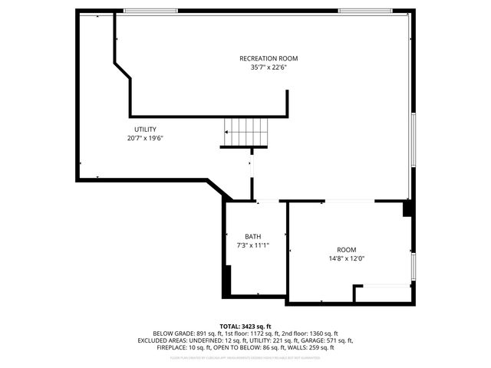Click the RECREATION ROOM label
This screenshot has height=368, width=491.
[268, 58]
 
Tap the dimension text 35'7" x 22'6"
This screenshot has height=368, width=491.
[268, 67]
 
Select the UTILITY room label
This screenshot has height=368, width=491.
[146, 129]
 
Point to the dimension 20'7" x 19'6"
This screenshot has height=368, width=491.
[146, 138]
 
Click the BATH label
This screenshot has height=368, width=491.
[253, 236]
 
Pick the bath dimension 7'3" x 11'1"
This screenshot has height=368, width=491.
[253, 245]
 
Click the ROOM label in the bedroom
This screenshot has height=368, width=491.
[347, 250]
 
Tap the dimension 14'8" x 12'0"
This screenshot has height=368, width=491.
[347, 259]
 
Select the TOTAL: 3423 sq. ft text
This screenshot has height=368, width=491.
[245, 326]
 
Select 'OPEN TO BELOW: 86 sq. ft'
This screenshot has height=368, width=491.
[246, 347]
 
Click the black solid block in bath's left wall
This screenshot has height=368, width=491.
[226, 281]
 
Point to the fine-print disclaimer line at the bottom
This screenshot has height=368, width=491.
[245, 357]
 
